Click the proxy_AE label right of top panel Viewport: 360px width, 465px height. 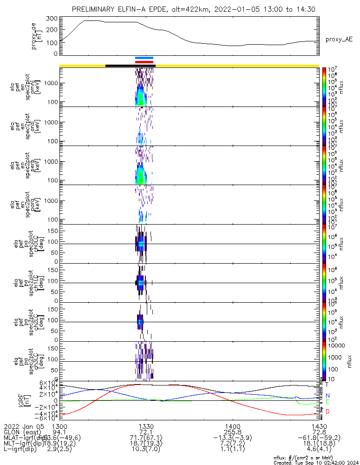tap(339, 40)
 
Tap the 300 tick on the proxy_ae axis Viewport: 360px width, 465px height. tap(52, 19)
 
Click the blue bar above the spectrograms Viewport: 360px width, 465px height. tap(144, 58)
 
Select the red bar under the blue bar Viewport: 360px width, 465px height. tap(144, 62)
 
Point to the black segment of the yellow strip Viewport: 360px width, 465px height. tap(130, 66)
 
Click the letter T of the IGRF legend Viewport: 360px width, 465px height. tap(327, 385)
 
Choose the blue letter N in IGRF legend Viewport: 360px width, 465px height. tap(327, 395)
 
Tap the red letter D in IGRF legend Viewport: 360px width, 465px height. tap(327, 412)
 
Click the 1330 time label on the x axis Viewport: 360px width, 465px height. tap(146, 426)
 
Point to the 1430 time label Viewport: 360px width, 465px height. tap(319, 426)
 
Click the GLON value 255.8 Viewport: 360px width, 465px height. tap(232, 432)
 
